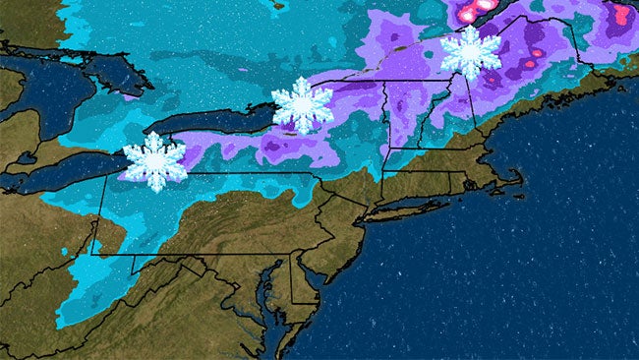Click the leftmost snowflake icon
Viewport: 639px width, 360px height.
154,160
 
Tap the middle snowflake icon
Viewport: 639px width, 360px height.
302,105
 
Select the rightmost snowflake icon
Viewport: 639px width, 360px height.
470,53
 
